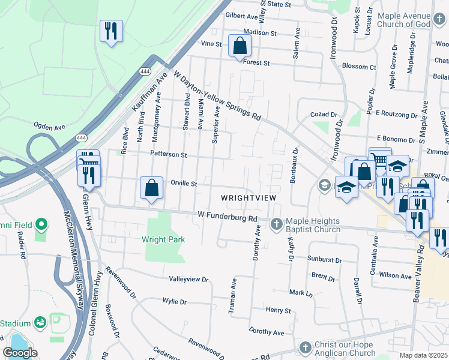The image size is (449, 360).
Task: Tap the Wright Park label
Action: (163, 239)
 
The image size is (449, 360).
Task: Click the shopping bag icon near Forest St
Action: (240, 46)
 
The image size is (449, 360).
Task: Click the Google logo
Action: (20, 353)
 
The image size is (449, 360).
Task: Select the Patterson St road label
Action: (169, 154)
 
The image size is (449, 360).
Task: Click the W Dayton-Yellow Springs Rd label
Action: (218, 95)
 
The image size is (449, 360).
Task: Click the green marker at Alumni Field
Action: (41, 225)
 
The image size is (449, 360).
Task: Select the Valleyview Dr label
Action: (188, 280)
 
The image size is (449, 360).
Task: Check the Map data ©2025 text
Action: (424, 355)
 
